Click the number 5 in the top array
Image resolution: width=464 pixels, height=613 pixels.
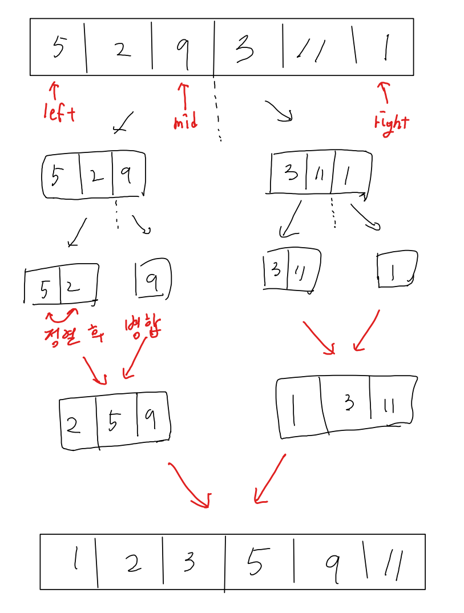click(59, 46)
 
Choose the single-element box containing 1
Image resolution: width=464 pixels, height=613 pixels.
click(397, 269)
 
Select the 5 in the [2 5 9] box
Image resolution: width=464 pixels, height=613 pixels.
click(114, 422)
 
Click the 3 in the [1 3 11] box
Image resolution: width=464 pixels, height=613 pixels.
click(349, 404)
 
